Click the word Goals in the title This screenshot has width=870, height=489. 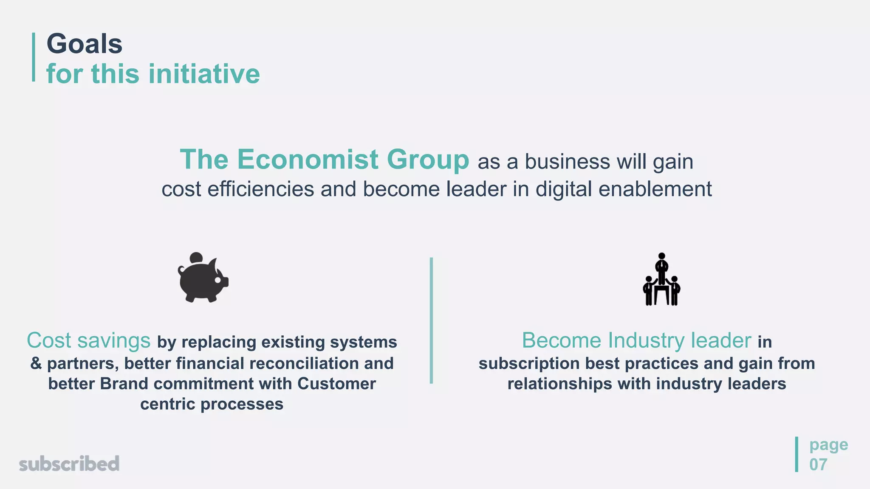tap(84, 44)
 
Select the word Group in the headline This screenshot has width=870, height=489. tap(428, 160)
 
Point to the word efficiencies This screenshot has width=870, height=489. tap(260, 189)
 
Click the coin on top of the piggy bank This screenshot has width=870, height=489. tap(196, 258)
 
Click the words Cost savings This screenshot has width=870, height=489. tap(88, 340)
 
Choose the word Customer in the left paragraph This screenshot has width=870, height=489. tap(336, 384)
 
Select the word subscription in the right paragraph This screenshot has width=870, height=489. tap(529, 364)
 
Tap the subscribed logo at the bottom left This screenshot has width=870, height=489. tap(69, 464)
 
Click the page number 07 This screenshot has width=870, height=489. tap(818, 465)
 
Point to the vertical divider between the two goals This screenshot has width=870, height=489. tap(431, 320)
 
